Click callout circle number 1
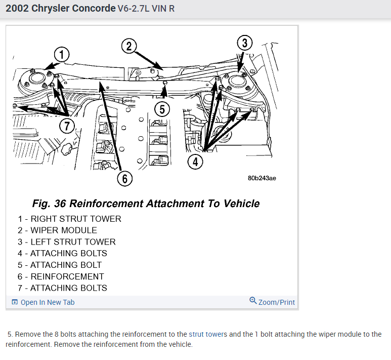[x=62, y=54]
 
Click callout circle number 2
[x=129, y=46]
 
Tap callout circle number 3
[x=245, y=43]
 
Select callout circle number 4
[x=195, y=162]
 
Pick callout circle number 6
[x=124, y=178]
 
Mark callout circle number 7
[x=66, y=126]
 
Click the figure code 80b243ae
[x=262, y=178]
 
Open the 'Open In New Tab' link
[x=47, y=302]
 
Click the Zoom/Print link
[x=276, y=302]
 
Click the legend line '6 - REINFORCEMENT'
[x=61, y=276]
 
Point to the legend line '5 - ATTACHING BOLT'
[x=60, y=265]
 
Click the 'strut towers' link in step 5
[x=208, y=335]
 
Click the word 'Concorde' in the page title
[x=93, y=9]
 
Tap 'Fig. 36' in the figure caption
[x=49, y=204]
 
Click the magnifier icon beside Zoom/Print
[x=253, y=301]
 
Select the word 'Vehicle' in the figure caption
[x=240, y=204]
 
